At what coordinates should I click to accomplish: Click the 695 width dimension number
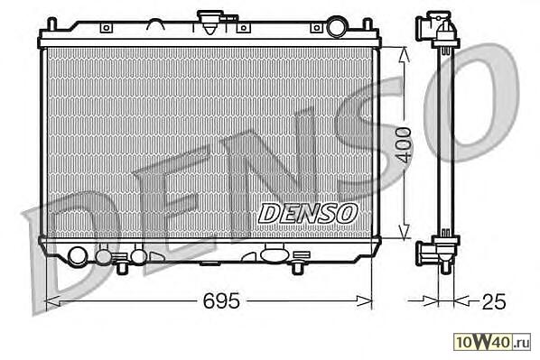pyautogui.click(x=220, y=300)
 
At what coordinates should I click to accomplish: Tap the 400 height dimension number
pyautogui.click(x=403, y=145)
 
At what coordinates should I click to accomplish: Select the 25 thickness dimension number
pyautogui.click(x=494, y=301)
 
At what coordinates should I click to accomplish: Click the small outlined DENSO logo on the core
pyautogui.click(x=308, y=213)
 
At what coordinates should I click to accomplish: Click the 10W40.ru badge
pyautogui.click(x=492, y=342)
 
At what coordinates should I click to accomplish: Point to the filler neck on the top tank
pyautogui.click(x=210, y=22)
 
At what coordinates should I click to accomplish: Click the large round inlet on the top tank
pyautogui.click(x=337, y=26)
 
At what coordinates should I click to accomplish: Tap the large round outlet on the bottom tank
pyautogui.click(x=77, y=257)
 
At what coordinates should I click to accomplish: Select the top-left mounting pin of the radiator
pyautogui.click(x=51, y=23)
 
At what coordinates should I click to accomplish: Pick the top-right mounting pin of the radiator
pyautogui.click(x=368, y=24)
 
